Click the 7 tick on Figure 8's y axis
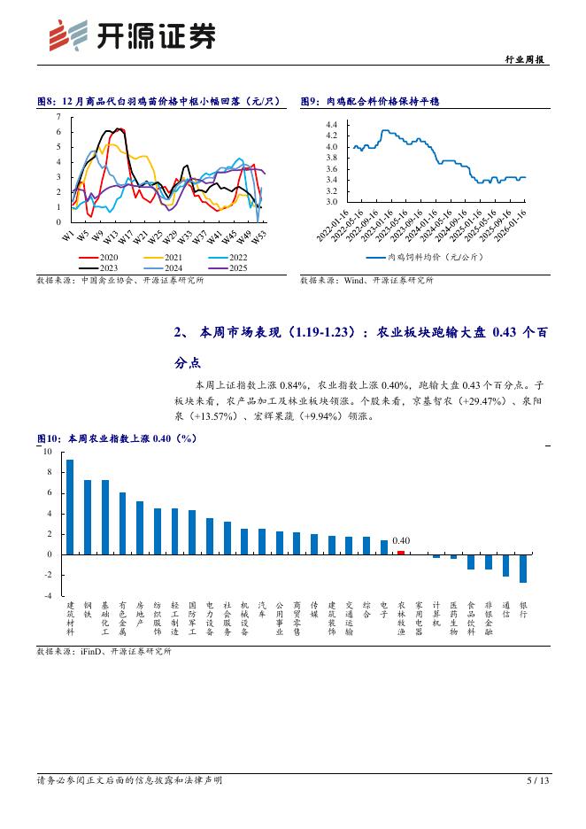tap(58, 117)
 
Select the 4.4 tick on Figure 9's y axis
tap(331, 126)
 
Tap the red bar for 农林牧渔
tap(401, 552)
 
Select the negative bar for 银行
tap(523, 568)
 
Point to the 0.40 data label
tap(401, 540)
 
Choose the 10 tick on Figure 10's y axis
tap(48, 451)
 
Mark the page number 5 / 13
tap(537, 780)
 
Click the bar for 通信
tap(505, 565)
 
